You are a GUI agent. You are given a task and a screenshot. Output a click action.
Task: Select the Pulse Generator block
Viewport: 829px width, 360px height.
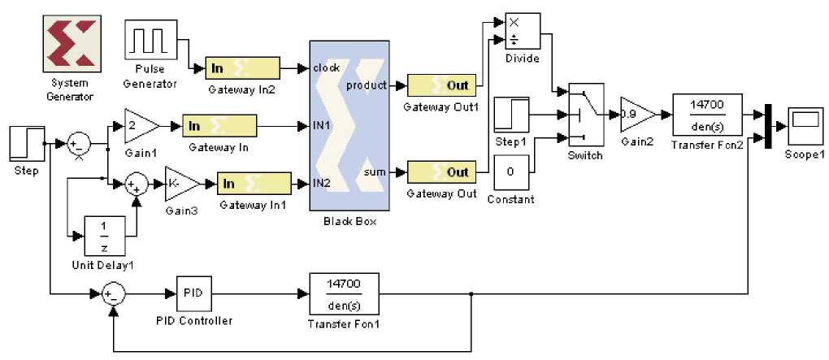tap(150, 40)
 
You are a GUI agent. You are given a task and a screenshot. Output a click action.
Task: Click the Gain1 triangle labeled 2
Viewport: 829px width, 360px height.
tap(139, 125)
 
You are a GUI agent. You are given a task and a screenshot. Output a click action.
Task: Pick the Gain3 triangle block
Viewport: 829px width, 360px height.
tap(179, 184)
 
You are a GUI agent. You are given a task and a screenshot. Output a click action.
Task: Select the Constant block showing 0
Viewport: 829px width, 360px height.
tap(511, 172)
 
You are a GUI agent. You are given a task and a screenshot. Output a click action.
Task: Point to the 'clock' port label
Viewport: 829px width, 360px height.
tap(327, 68)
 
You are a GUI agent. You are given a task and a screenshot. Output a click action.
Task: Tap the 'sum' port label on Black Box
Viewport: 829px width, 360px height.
tap(376, 171)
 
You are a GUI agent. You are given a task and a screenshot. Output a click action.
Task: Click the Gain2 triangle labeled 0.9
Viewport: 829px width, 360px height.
tap(635, 115)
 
